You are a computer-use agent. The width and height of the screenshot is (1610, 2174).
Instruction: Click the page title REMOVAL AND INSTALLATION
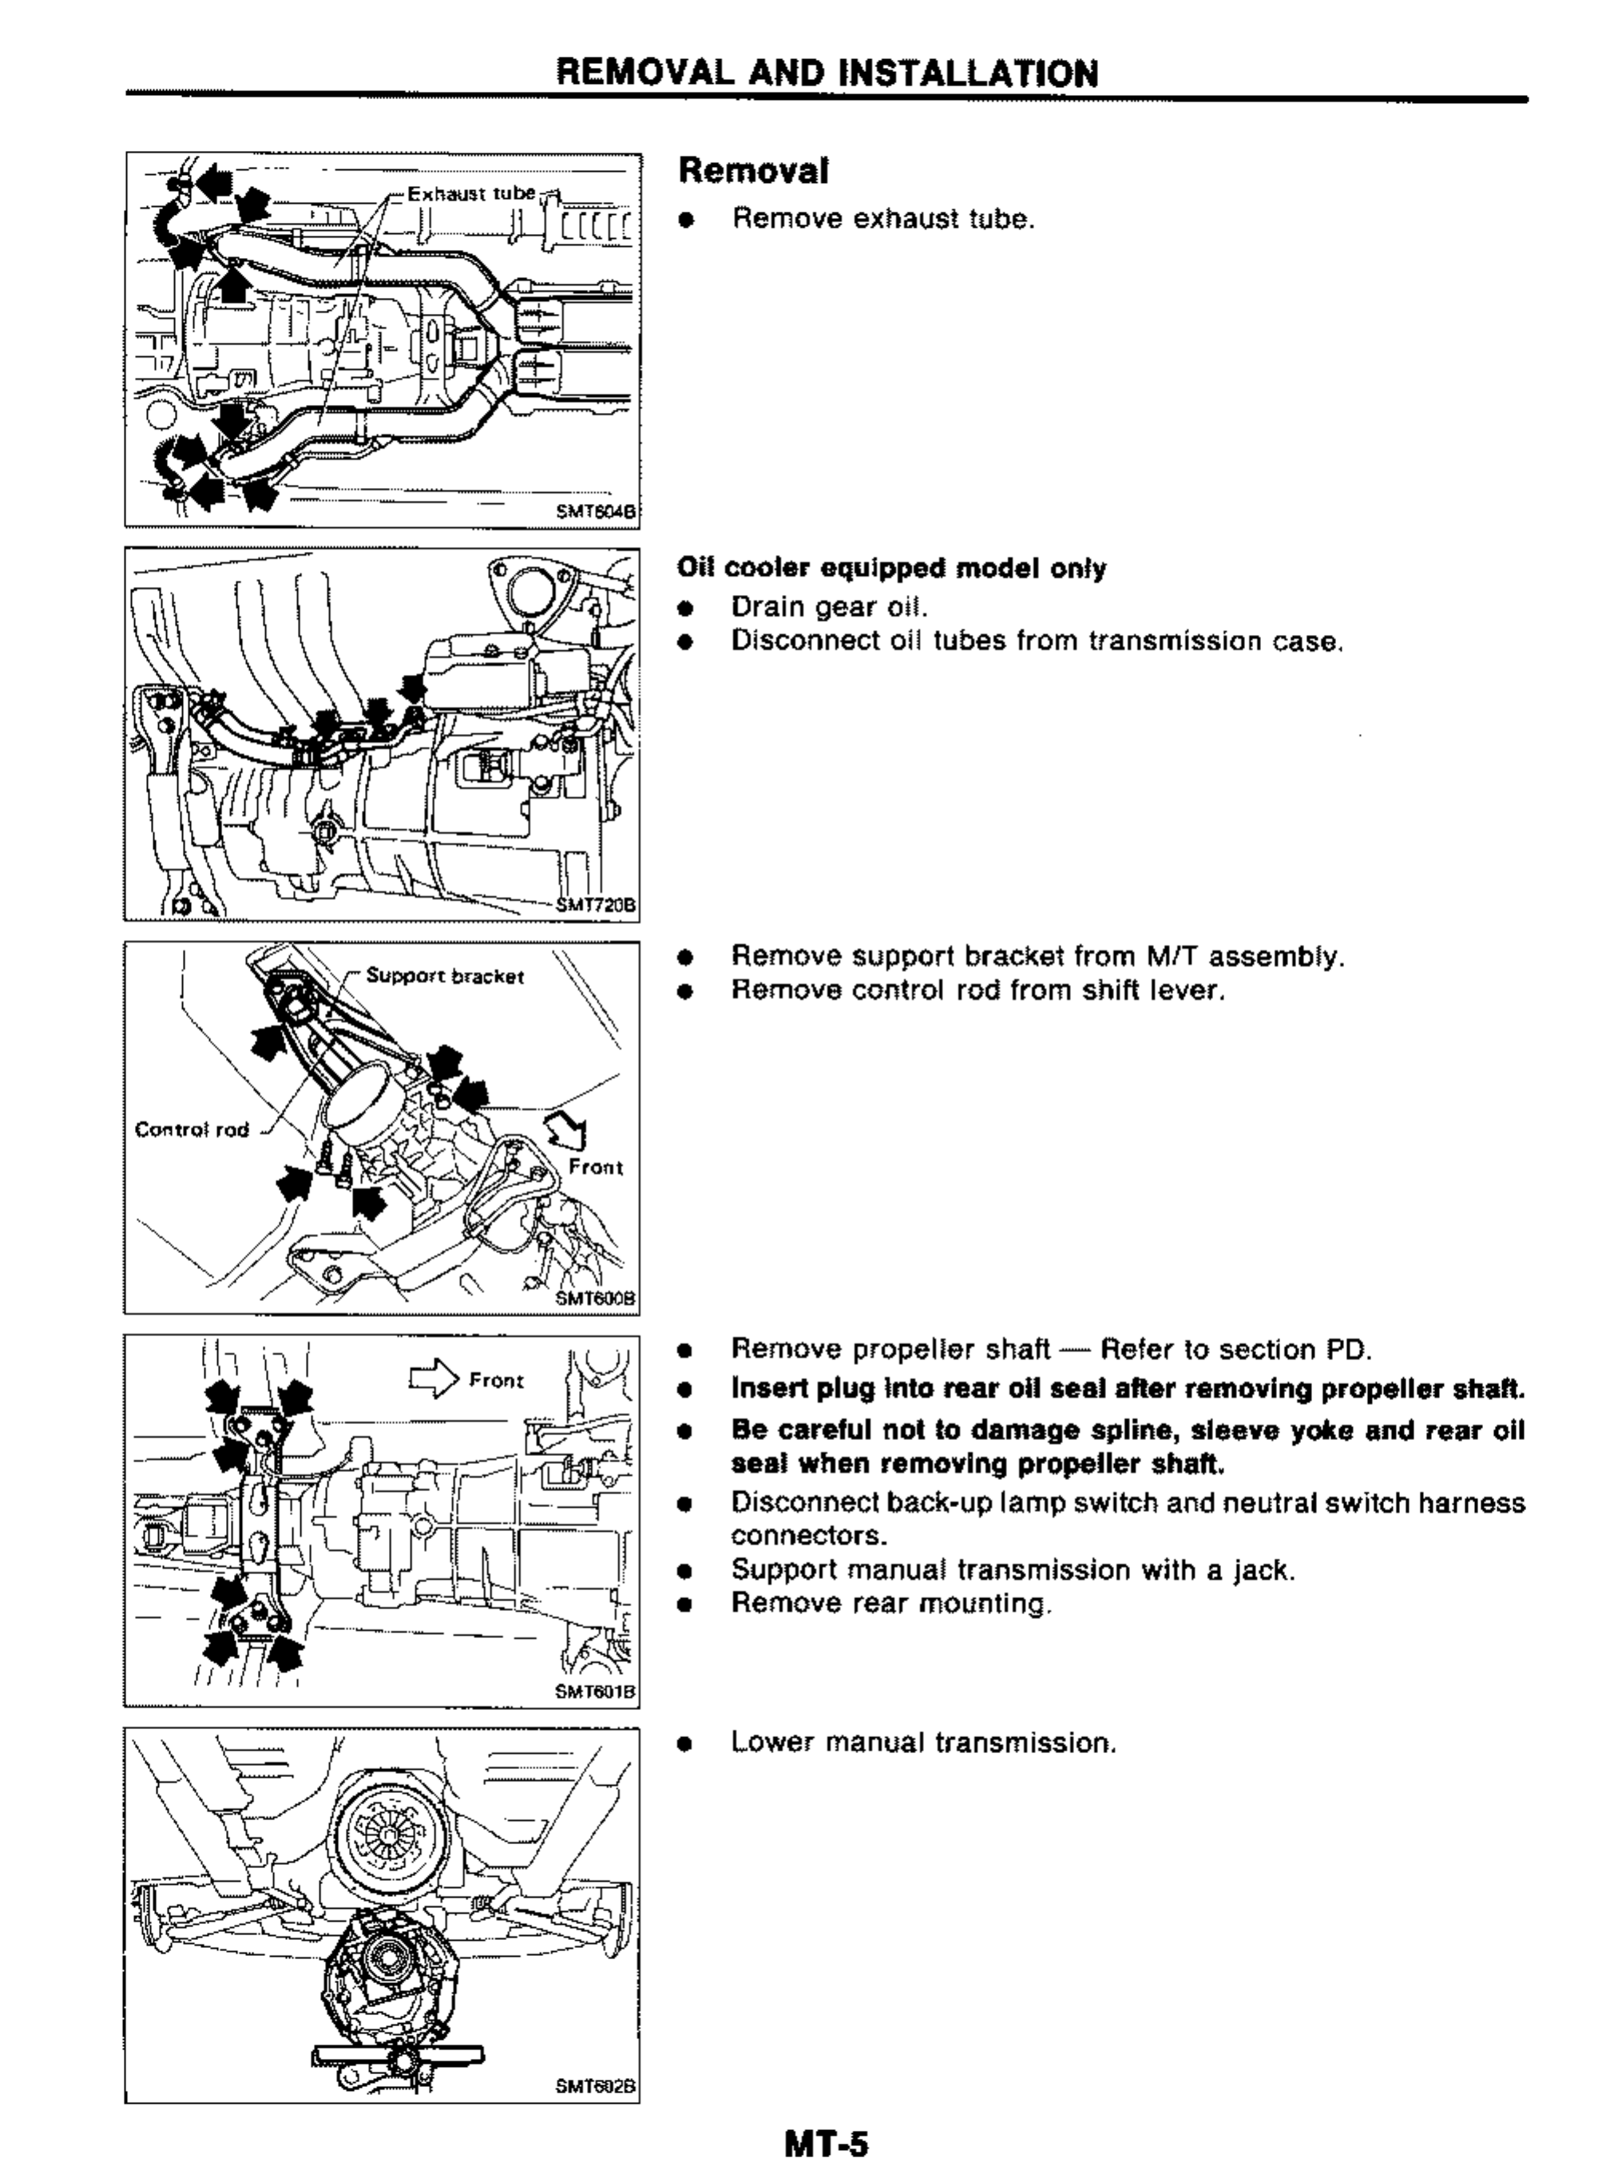(827, 73)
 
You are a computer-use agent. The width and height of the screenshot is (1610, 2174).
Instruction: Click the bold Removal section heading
(753, 171)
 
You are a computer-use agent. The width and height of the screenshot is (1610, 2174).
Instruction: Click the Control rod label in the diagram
(192, 1129)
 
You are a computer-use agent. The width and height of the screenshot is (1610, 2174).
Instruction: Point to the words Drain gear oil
(830, 607)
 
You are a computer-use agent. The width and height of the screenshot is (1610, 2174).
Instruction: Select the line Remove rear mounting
(892, 1603)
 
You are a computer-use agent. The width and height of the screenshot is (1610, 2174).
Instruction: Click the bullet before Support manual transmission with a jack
(686, 1571)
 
